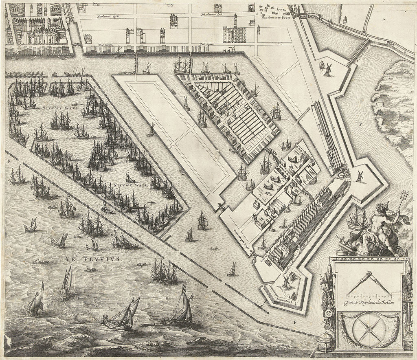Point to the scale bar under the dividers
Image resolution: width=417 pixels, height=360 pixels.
[x=368, y=294]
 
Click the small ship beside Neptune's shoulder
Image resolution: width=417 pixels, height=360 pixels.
[x=357, y=219]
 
